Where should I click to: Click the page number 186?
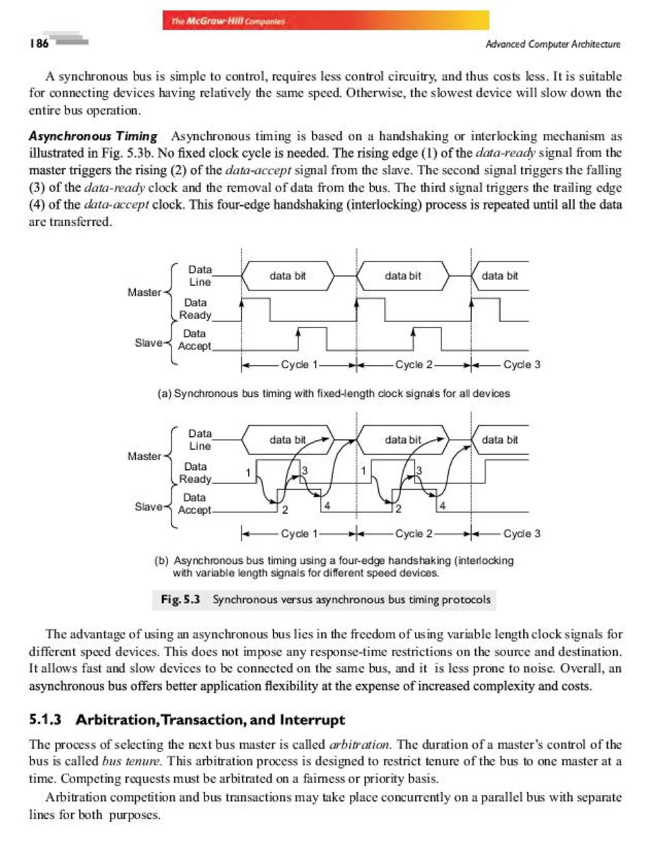coord(39,43)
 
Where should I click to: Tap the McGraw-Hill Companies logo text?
coord(228,21)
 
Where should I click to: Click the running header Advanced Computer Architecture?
coord(553,44)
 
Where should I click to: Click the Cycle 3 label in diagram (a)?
coord(521,365)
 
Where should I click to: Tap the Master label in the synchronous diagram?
coord(144,292)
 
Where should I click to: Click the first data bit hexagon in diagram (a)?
coord(287,276)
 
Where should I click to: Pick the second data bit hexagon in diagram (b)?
coord(402,440)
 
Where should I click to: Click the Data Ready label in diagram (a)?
coord(195,309)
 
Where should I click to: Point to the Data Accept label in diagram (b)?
coord(194,504)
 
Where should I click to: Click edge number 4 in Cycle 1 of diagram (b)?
coord(327,506)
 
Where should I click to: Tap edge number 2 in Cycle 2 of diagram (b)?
coord(398,509)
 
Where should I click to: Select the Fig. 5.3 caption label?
coord(181,599)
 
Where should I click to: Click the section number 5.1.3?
coord(45,720)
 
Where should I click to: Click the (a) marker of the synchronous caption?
coord(164,394)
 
